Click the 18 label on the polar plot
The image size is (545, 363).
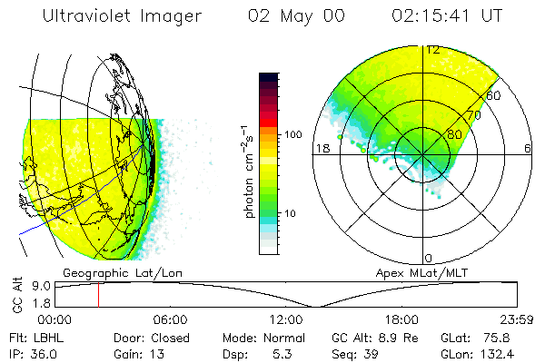click(320, 148)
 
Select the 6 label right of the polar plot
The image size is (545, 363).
click(528, 148)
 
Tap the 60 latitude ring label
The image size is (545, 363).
click(494, 95)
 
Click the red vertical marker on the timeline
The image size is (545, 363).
click(98, 295)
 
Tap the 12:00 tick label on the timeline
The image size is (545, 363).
click(285, 319)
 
